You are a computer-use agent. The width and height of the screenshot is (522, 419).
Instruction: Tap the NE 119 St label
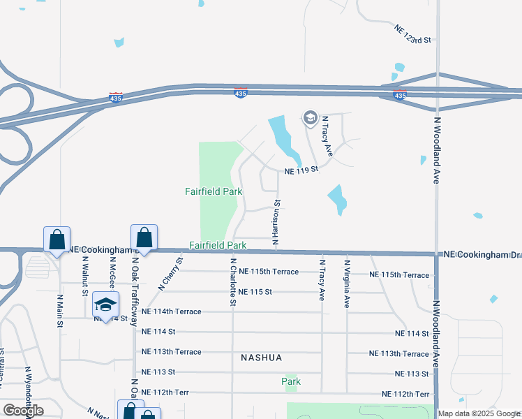pos(301,170)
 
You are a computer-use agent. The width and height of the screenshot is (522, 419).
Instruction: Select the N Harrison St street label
pos(276,224)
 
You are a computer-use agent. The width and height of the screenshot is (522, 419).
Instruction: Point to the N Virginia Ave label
pos(346,284)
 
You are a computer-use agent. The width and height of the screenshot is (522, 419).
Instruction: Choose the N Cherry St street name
pos(170,273)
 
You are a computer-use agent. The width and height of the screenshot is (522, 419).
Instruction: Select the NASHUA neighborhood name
pos(261,358)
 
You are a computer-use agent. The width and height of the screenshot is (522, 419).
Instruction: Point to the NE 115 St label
pos(255,292)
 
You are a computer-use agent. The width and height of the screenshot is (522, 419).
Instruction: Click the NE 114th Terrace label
pos(171,311)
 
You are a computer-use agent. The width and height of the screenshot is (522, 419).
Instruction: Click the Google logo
pos(22,411)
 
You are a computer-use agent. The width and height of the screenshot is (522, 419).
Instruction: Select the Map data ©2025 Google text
pos(479,413)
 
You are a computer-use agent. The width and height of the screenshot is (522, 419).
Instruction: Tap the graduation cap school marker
pos(105,304)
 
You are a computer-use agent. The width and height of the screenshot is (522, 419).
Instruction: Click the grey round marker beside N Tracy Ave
pos(310,117)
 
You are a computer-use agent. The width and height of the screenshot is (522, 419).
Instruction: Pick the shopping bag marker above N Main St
pos(57,240)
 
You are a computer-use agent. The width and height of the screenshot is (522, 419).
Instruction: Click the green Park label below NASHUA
pos(291,381)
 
